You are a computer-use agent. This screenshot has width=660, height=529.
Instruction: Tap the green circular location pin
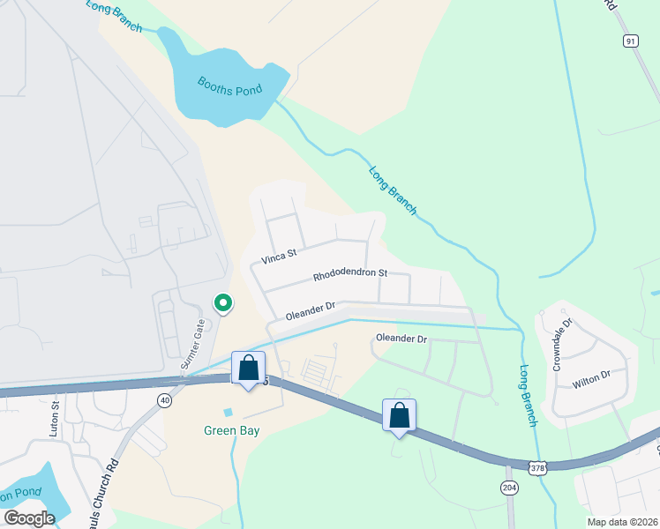[223, 303]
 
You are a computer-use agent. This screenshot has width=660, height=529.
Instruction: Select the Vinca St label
[279, 257]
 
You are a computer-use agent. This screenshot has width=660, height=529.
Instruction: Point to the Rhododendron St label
[350, 275]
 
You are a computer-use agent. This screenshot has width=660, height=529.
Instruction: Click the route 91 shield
[629, 41]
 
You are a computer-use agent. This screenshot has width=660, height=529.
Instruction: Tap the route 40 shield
[164, 400]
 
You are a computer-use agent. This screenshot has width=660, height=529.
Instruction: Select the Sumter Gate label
[193, 345]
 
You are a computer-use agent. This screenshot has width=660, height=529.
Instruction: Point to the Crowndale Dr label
[562, 344]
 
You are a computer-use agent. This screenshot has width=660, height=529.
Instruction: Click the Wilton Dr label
[591, 376]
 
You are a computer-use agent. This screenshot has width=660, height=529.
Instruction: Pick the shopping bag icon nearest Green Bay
[249, 368]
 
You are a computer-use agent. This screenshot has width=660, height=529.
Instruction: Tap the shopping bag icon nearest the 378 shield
[399, 414]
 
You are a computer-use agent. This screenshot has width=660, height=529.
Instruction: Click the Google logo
[29, 518]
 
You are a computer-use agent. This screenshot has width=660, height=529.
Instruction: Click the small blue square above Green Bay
[229, 412]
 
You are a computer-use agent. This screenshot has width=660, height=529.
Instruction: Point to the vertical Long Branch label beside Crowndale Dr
[528, 396]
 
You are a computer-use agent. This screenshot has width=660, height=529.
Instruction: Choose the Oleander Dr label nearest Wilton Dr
[401, 339]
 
